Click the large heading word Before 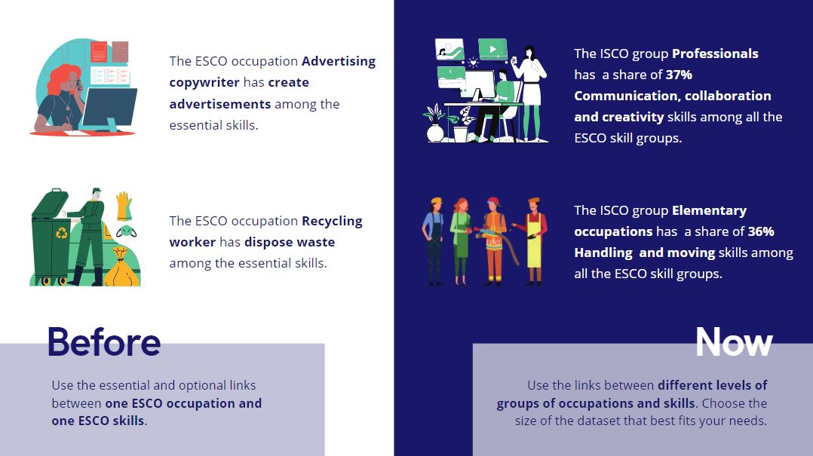pos(104,342)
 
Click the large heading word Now pos(734,342)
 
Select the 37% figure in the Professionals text pos(680,75)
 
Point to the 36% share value pos(761,231)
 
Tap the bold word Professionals pos(715,54)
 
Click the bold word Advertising pos(339,61)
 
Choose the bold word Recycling pos(332,222)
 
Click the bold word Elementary pos(709,210)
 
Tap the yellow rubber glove pos(124,207)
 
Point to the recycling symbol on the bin pos(62,233)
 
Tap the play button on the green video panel pos(492,50)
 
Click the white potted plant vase pos(435,133)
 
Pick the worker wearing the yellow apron pos(533,240)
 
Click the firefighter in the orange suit pos(493,241)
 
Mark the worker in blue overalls pos(434,241)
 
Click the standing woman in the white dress pos(530,93)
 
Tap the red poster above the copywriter pos(99,52)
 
